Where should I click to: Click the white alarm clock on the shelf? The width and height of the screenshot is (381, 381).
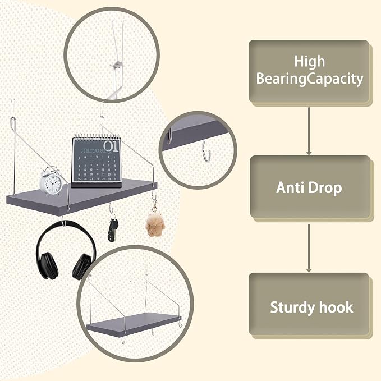coord(52,181)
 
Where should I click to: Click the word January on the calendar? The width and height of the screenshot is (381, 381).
coord(94,150)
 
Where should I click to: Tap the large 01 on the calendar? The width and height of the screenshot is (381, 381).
coord(112,146)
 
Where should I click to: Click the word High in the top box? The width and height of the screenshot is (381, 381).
coord(309,61)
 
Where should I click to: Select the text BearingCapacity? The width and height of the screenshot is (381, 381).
coord(310,79)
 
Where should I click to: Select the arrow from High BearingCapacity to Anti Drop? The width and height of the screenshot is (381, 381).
coord(309,131)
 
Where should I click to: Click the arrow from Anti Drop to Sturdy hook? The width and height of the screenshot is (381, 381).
coord(309,248)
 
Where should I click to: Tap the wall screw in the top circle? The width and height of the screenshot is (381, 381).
coord(116,65)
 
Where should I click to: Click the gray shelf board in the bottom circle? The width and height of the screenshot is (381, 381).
coord(134,324)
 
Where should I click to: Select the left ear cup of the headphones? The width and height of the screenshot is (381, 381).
coord(49,265)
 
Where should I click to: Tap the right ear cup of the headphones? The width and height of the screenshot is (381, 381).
coord(82,267)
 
